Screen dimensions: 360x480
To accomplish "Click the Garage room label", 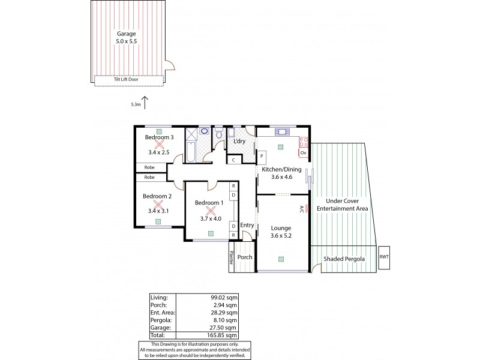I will point(126,34).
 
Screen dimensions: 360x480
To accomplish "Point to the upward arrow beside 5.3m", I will point(145,103).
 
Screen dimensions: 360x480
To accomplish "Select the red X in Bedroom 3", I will point(159,143).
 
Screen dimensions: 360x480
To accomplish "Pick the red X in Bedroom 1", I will point(210,211).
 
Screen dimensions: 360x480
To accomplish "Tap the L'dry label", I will point(240,142).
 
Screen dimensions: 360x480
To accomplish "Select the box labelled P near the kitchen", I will point(262,155).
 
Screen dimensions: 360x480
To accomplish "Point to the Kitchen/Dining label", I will point(281,170).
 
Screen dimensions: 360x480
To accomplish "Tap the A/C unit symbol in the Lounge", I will point(307,209).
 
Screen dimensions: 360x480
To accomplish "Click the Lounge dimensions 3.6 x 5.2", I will point(281,236).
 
